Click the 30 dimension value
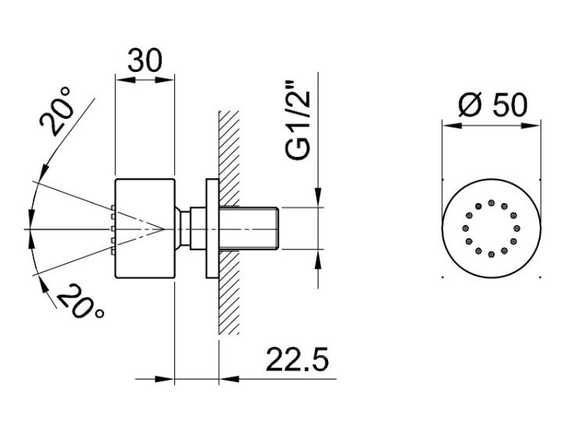(x=145, y=60)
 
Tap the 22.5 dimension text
(x=298, y=360)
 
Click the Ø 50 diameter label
(x=493, y=105)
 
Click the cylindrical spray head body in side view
(x=145, y=229)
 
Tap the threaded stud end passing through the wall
(x=249, y=228)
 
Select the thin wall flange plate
(x=213, y=229)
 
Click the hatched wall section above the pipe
(x=229, y=158)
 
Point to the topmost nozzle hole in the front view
(x=491, y=202)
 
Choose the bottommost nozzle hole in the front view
(x=491, y=254)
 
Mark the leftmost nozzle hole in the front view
(x=466, y=228)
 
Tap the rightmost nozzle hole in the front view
(x=517, y=228)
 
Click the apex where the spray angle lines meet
(x=164, y=228)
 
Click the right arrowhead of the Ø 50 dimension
(x=531, y=126)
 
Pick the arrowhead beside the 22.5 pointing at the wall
(x=230, y=379)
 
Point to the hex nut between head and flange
(x=198, y=228)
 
